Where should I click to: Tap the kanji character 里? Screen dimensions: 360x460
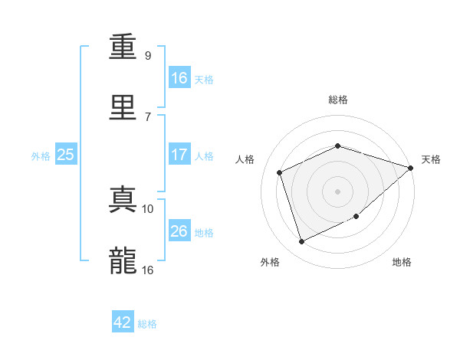(123, 106)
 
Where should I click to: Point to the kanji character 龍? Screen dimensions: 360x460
(123, 261)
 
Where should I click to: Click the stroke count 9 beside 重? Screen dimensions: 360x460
(148, 55)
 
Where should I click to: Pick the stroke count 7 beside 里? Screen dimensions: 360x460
(148, 116)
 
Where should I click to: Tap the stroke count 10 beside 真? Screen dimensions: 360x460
(148, 208)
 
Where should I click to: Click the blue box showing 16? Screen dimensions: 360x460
(179, 77)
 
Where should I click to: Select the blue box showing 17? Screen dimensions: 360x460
(179, 155)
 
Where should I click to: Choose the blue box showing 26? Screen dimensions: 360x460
(179, 231)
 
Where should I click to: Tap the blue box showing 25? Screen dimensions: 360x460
(66, 155)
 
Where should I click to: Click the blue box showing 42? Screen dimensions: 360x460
(123, 322)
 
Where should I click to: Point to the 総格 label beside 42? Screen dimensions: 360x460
(148, 324)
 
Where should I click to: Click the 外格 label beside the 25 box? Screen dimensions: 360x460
(41, 156)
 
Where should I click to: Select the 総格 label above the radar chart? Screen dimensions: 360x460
(337, 100)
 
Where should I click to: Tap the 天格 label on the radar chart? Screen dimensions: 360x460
(432, 159)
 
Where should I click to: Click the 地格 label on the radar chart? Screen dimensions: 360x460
(402, 262)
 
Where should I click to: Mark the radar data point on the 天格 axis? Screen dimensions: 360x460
(411, 168)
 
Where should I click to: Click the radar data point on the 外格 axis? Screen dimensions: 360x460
(301, 242)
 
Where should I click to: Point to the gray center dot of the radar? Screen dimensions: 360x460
(337, 191)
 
